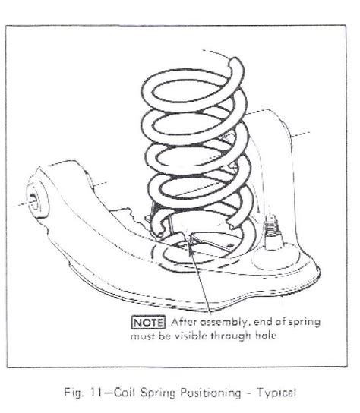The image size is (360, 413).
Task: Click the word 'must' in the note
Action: [x=142, y=336]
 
